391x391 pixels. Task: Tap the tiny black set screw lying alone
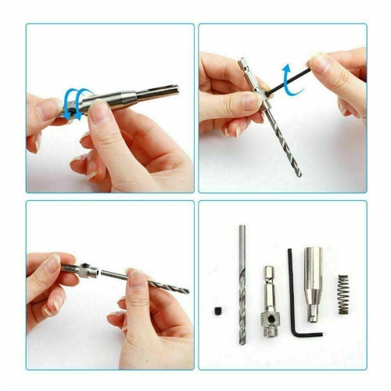tap(215, 315)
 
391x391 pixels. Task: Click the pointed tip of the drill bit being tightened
tap(300, 174)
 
